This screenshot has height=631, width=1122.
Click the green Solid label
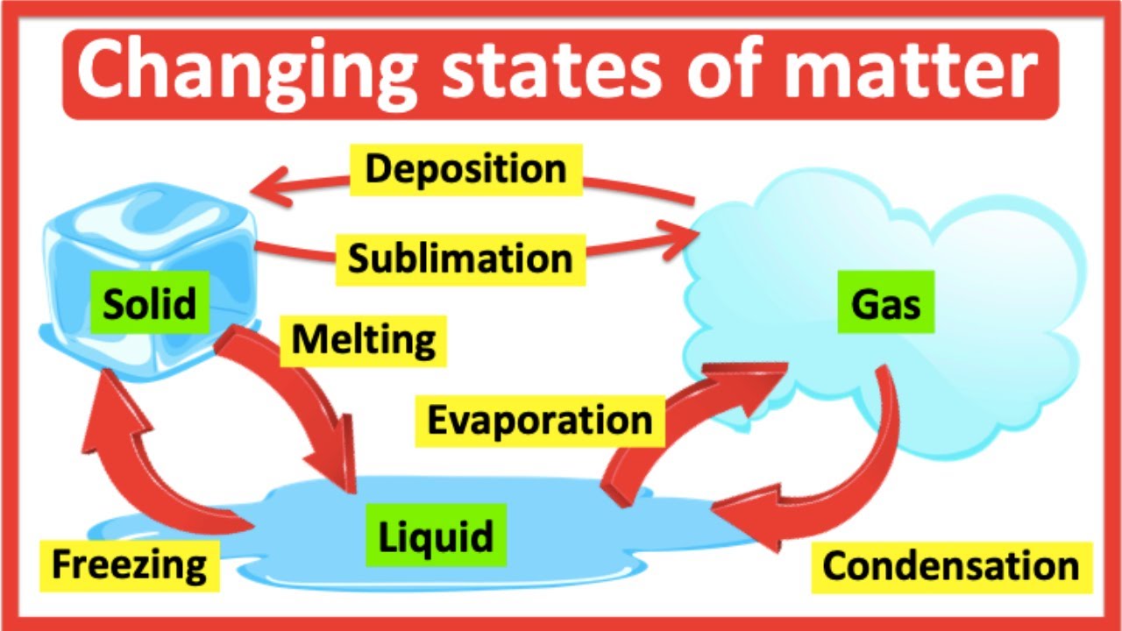pyautogui.click(x=149, y=304)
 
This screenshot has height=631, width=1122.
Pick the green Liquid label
pyautogui.click(x=436, y=535)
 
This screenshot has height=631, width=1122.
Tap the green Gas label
pyautogui.click(x=885, y=305)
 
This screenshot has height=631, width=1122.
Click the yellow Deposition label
pyautogui.click(x=465, y=168)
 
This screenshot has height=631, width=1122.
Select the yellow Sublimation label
pyautogui.click(x=460, y=259)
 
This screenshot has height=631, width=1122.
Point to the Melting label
pyautogui.click(x=363, y=339)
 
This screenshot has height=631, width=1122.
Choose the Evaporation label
pyautogui.click(x=540, y=420)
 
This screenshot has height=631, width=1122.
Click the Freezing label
pyautogui.click(x=129, y=564)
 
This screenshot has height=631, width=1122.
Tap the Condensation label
pyautogui.click(x=950, y=566)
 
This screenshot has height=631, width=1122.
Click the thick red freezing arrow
pyautogui.click(x=140, y=464)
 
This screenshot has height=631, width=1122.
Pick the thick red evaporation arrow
pyautogui.click(x=684, y=421)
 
